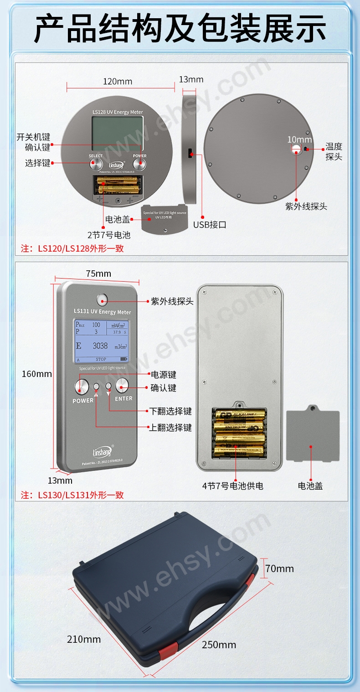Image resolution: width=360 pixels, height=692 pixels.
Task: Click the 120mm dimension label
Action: [118, 82]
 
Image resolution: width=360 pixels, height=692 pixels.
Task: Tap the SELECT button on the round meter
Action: [95, 165]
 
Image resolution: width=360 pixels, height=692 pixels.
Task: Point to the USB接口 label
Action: [210, 225]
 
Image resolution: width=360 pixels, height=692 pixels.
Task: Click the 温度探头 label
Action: [334, 152]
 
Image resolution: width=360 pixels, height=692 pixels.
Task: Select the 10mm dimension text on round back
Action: [299, 139]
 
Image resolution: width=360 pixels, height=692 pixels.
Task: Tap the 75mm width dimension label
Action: [98, 274]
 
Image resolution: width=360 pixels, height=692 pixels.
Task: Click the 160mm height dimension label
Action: [37, 374]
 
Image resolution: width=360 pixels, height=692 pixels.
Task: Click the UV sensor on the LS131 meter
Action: [102, 300]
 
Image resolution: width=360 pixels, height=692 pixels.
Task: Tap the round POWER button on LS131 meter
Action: [81, 387]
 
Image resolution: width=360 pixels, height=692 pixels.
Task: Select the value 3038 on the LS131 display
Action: [100, 346]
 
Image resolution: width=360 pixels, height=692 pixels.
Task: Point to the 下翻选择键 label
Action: [171, 411]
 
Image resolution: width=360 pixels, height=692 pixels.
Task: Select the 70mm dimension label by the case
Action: [280, 568]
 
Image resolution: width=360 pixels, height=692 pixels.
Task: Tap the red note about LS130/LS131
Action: [72, 495]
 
